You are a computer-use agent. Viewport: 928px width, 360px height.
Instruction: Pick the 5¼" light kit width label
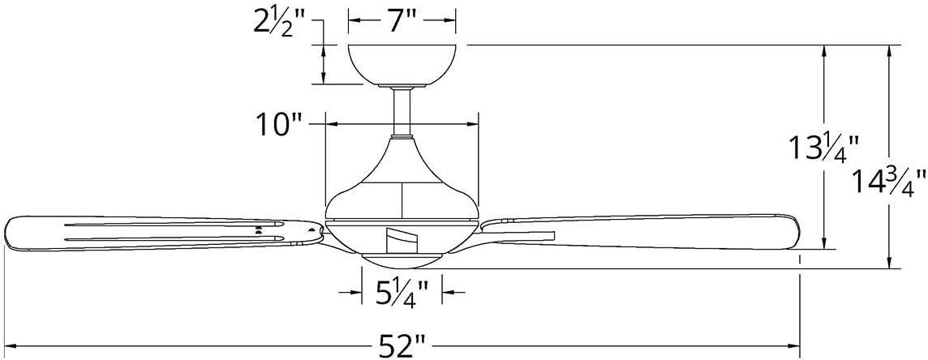point(402,291)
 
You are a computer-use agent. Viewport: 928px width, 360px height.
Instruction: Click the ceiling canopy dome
point(402,64)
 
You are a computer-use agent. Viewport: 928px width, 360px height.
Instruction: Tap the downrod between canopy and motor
point(402,112)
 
